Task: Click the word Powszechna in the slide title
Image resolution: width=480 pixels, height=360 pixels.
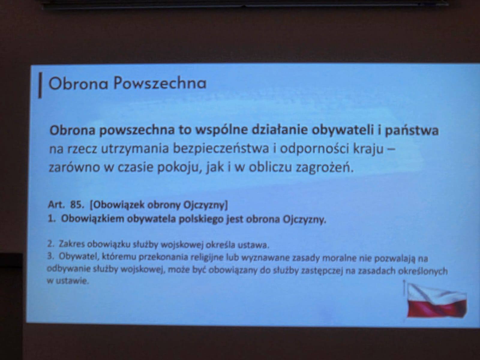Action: pos(160,84)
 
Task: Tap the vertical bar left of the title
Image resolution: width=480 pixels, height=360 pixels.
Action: pos(40,85)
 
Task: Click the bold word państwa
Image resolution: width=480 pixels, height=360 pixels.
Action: pos(412,131)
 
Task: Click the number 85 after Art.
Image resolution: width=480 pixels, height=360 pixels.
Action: pos(76,205)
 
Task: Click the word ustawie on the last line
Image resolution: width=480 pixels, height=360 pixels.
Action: pos(72,281)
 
